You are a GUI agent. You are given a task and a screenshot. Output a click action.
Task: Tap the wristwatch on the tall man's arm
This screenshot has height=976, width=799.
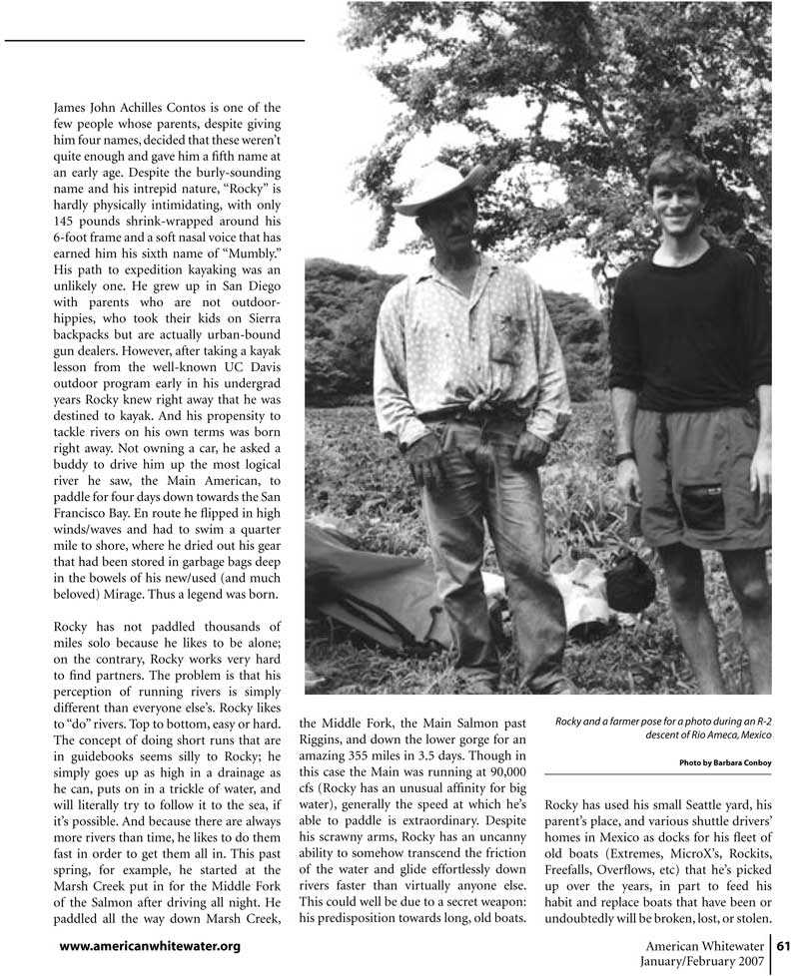click(624, 457)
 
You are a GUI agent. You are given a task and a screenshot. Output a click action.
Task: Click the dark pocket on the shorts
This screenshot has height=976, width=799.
click(702, 505)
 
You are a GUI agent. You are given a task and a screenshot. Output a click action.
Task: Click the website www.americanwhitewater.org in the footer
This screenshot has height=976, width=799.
click(150, 945)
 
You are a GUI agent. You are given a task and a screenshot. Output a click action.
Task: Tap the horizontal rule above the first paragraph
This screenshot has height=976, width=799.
click(155, 41)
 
